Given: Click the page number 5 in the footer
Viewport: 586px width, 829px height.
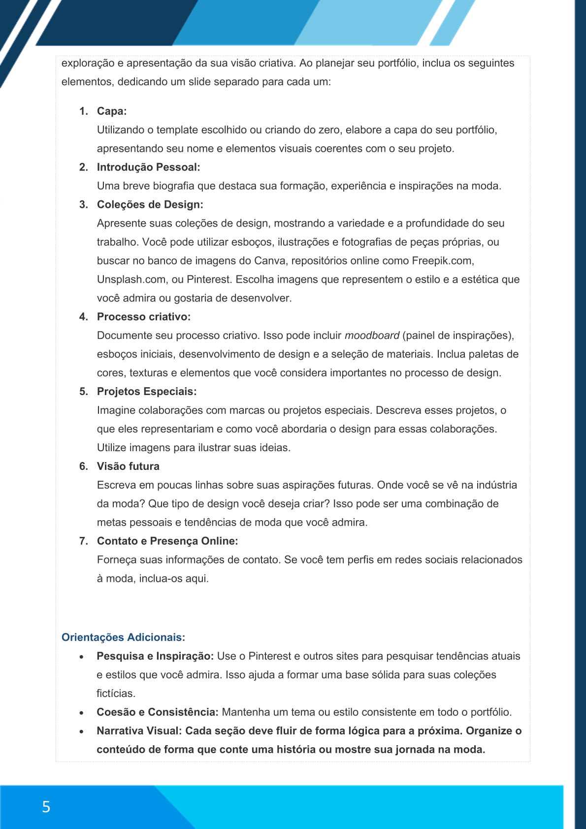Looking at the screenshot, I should click(x=46, y=807).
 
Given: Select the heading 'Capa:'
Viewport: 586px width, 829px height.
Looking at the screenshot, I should click(x=112, y=111).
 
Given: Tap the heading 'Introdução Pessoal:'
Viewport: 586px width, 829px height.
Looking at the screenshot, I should click(x=148, y=167).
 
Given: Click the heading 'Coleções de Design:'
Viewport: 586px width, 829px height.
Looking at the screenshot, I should click(x=150, y=205).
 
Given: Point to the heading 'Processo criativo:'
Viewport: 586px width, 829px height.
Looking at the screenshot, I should click(x=143, y=317).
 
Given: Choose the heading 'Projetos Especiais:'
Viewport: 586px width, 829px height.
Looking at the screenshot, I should click(x=147, y=392).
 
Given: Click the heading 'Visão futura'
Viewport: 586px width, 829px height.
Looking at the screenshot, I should click(x=128, y=466).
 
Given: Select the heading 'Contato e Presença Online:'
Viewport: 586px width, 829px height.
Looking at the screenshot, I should click(x=167, y=541).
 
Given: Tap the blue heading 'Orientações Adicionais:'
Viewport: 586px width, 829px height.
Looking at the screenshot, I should click(x=123, y=637).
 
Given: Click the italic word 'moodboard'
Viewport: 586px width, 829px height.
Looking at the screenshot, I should click(x=372, y=336).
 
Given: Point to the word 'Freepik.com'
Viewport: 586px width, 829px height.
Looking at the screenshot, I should click(x=442, y=261).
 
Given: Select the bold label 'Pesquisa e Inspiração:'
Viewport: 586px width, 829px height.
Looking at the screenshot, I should click(x=155, y=656).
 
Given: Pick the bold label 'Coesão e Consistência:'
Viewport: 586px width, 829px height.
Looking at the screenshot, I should click(x=157, y=712).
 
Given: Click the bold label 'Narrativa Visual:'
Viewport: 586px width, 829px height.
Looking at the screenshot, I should click(x=139, y=731).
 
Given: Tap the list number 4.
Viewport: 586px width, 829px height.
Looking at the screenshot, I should click(x=83, y=317).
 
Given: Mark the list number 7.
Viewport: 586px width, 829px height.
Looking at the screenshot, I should click(x=83, y=541).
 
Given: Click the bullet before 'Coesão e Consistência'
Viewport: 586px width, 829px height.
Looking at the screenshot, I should click(x=82, y=713).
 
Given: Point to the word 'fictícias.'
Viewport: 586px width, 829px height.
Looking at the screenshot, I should click(x=116, y=694).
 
